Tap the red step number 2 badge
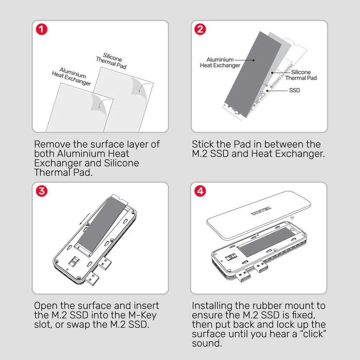tap(201, 29)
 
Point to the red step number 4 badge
tap(201, 191)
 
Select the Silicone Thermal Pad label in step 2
tap(301, 75)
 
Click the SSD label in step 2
tap(294, 90)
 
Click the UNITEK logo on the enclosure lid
tap(260, 207)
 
